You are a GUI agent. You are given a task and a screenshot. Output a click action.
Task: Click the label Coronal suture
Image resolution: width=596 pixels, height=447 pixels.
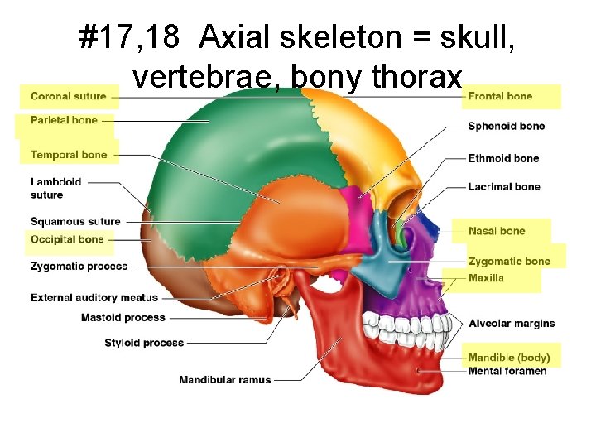[x=68, y=97]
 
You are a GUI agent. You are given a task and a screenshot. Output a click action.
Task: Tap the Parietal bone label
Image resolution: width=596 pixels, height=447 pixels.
[x=64, y=121]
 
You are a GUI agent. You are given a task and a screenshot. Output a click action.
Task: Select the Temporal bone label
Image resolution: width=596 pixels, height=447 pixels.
[x=69, y=155]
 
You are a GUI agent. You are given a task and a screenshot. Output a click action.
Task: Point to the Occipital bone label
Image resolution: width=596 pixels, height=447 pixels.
[x=67, y=240]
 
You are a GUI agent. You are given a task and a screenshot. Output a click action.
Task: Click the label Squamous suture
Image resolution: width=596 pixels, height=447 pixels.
[x=75, y=222]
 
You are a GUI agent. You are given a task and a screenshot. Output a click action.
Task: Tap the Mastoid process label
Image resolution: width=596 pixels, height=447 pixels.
[x=123, y=318]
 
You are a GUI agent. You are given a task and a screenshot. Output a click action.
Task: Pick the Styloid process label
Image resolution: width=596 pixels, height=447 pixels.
[x=144, y=343]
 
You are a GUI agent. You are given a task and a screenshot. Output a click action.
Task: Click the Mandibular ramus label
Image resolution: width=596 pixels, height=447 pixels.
[x=225, y=380]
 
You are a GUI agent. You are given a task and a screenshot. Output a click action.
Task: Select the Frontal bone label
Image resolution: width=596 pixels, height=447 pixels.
[x=500, y=97]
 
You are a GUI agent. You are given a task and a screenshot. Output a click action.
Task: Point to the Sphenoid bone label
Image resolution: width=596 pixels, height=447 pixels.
[x=506, y=127]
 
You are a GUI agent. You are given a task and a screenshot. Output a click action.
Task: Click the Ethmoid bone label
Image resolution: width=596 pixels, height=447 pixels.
[x=503, y=159]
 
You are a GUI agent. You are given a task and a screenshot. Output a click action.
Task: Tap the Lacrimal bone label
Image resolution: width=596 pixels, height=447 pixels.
[x=503, y=187]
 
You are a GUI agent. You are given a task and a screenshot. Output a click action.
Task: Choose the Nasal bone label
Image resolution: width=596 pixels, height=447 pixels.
[x=497, y=231]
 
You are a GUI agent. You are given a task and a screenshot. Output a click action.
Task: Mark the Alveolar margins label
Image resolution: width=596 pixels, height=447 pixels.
[x=512, y=323]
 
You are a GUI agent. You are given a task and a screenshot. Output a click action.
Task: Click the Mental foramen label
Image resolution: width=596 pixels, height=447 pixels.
[x=507, y=371]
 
